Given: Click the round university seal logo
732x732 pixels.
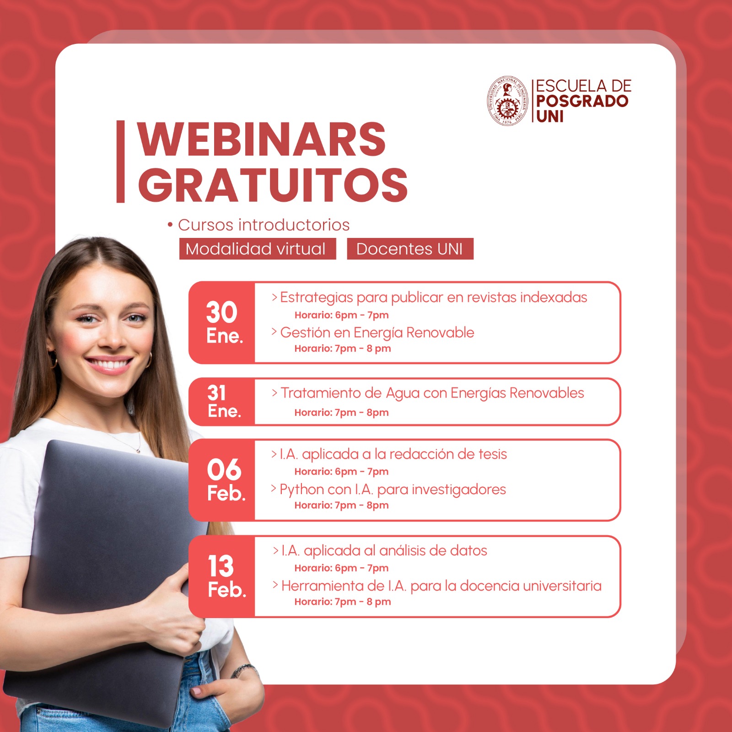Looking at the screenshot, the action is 507,101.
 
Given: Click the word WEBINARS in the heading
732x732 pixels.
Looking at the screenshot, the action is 262,140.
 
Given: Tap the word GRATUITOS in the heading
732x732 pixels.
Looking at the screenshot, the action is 273,184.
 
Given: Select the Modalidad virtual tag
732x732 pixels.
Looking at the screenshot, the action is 258,249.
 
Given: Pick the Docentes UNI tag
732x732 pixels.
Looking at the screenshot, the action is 410,249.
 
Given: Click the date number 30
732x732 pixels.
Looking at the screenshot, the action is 221,312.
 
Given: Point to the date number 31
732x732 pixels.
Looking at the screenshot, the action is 216,393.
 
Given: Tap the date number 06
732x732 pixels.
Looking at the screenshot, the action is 224,470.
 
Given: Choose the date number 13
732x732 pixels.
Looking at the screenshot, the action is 221,566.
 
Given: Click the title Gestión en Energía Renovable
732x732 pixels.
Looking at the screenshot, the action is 377,333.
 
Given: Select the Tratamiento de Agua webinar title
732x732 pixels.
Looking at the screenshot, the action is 432,393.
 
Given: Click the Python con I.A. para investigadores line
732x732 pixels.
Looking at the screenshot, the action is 393,490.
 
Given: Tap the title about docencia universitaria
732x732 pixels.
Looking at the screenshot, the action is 441,586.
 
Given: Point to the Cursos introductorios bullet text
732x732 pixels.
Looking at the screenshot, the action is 264,225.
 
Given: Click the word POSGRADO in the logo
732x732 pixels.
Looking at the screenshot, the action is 582,101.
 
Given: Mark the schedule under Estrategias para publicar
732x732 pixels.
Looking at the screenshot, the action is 341,315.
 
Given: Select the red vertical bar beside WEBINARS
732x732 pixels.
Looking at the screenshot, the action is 120,161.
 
